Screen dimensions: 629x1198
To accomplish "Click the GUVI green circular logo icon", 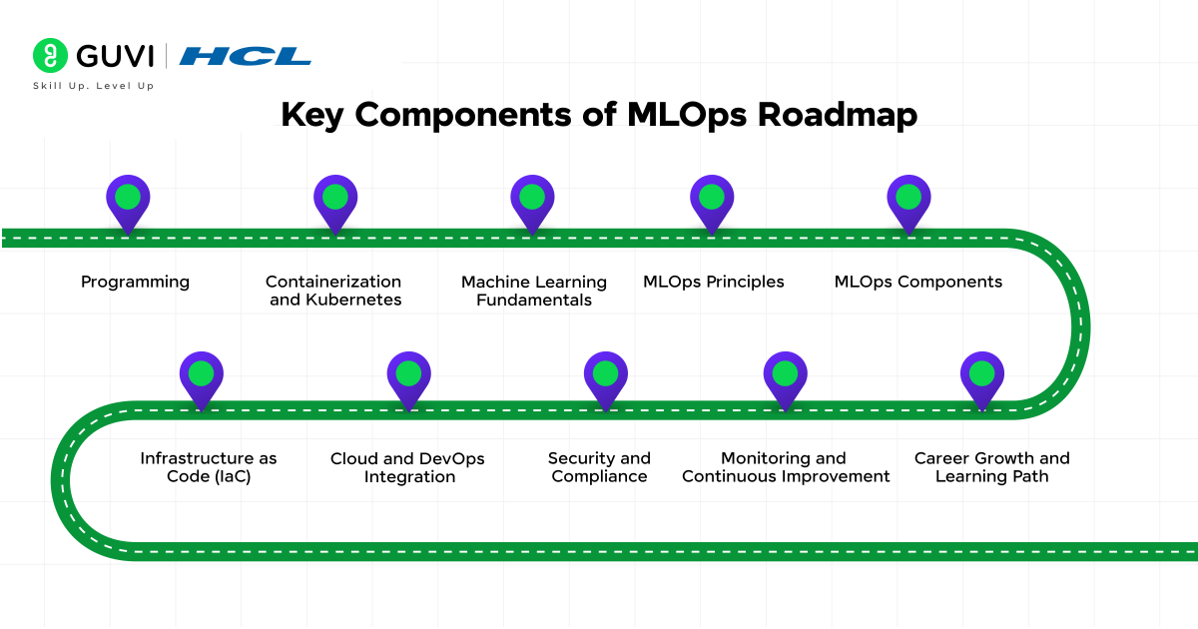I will pos(49,56).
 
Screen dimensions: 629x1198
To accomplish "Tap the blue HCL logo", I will pos(245,56).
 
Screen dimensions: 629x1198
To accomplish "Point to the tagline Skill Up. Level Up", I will pos(94,86).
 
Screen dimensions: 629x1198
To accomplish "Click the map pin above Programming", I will pos(128,200).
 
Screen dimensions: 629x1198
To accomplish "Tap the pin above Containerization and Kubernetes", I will pos(335,200).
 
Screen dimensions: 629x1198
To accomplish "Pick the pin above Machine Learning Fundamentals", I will pos(532,200).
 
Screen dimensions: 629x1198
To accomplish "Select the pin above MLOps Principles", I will pos(712,200).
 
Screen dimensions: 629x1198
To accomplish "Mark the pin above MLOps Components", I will pos(908,200).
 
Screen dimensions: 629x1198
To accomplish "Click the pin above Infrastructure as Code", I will pos(202,376).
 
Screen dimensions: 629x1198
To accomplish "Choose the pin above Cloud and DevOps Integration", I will pos(408,376).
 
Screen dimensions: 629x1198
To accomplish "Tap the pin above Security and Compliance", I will pos(605,376).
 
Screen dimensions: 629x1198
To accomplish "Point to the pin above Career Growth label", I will pos(982,376).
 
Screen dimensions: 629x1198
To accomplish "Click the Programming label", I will pos(135,283).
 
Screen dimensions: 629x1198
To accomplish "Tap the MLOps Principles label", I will pos(713,283).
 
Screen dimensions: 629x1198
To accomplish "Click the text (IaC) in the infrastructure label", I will pos(228,477).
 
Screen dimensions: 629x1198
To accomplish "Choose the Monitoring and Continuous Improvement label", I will pos(786,467).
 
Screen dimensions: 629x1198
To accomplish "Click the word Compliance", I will pos(599,477).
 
